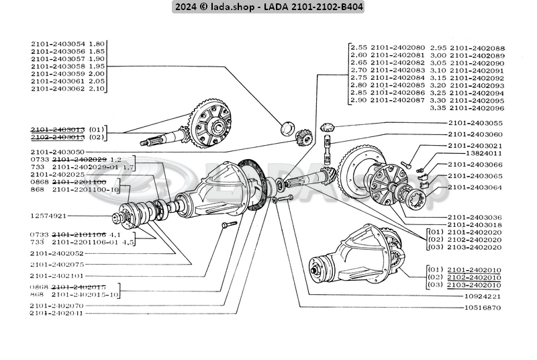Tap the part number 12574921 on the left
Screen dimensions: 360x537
(48, 216)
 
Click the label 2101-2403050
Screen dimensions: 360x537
(58, 152)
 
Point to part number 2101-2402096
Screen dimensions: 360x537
(476, 107)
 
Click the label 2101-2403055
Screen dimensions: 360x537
(475, 124)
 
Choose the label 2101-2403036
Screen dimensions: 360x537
(475, 216)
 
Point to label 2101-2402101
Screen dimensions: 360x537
(57, 275)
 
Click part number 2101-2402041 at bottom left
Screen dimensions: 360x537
(57, 313)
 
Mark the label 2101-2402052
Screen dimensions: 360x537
(57, 253)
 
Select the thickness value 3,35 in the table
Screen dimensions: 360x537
(438, 107)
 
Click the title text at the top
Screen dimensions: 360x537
(268, 7)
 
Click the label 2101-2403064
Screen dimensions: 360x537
(475, 187)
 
